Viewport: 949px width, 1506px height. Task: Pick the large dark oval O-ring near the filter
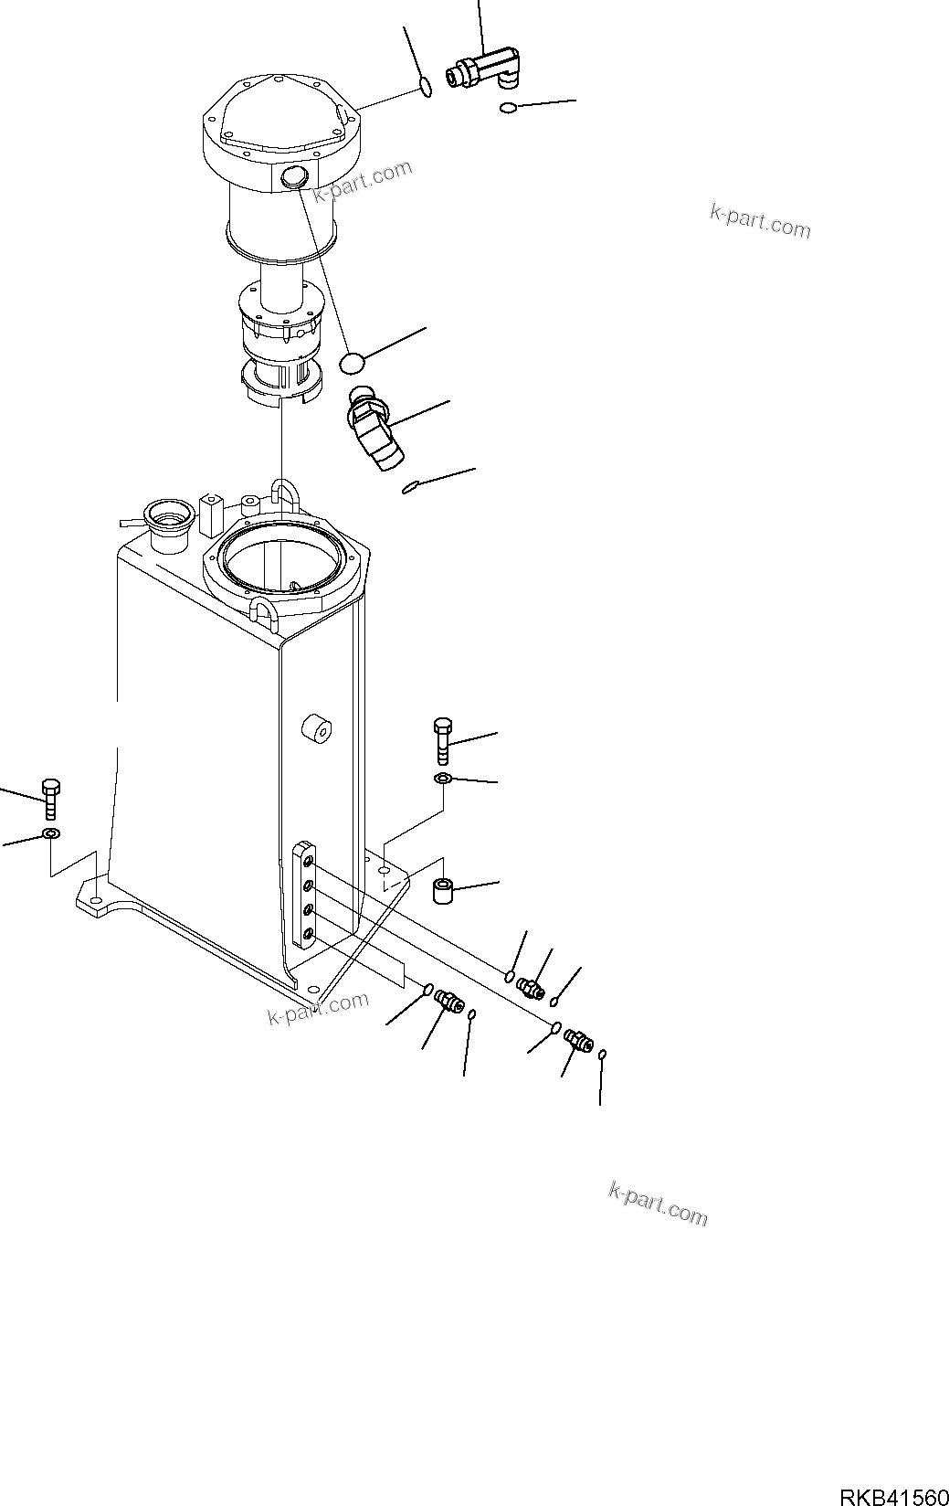(353, 363)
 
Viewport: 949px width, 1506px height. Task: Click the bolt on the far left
(51, 798)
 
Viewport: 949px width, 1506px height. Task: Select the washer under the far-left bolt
(51, 833)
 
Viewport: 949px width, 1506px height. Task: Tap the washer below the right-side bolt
(442, 778)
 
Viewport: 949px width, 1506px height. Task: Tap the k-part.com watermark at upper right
(760, 220)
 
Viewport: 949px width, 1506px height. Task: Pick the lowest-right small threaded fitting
(578, 1039)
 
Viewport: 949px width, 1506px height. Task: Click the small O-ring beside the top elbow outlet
(508, 110)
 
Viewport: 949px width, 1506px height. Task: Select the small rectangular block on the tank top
(211, 514)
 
